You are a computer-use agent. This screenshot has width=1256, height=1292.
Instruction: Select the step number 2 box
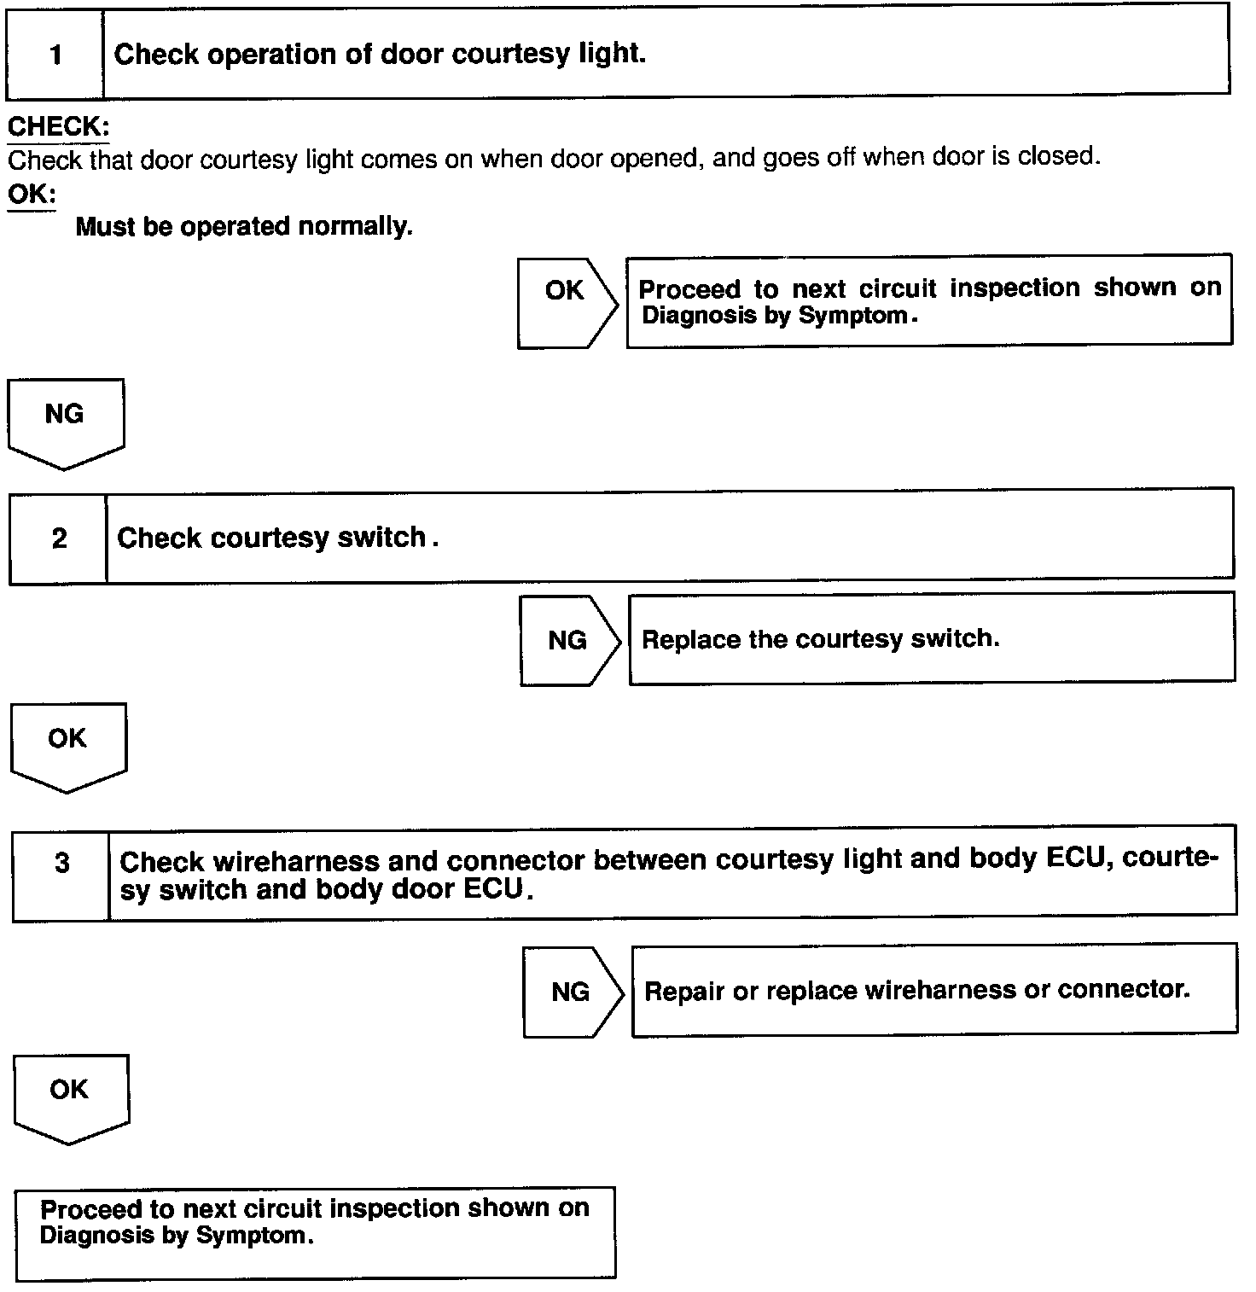(x=59, y=538)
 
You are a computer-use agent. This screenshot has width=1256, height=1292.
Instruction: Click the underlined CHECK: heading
(x=58, y=127)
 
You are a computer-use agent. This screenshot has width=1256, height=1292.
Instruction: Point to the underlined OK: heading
(x=31, y=194)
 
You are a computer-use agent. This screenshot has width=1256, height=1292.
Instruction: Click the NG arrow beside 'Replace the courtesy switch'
(x=569, y=640)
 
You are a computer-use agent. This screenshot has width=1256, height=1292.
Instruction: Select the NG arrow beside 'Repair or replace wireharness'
(x=572, y=992)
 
